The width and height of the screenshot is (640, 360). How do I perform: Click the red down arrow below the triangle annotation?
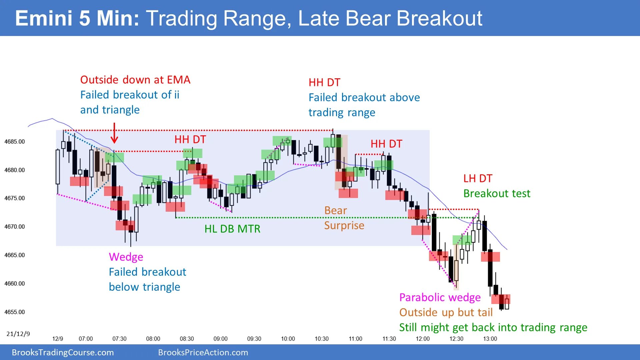(x=114, y=133)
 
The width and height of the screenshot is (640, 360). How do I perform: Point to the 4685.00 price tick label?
(x=15, y=142)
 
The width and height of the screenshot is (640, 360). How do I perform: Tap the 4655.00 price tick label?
(x=15, y=312)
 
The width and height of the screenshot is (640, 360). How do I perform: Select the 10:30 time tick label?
(x=321, y=339)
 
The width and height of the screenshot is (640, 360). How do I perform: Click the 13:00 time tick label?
(x=490, y=339)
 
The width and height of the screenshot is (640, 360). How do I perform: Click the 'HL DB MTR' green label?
(x=232, y=229)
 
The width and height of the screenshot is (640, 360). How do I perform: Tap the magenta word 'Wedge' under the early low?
(x=126, y=257)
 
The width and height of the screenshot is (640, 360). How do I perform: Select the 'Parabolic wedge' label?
(x=440, y=297)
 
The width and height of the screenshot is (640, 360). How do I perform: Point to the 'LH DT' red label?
(x=477, y=179)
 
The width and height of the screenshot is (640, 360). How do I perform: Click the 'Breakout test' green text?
(x=497, y=194)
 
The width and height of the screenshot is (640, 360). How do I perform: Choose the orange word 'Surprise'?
(x=344, y=226)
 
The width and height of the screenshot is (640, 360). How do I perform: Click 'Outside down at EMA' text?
(x=135, y=80)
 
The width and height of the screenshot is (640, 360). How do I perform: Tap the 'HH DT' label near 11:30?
(x=386, y=144)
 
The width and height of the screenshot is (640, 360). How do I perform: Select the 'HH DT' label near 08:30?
(x=190, y=140)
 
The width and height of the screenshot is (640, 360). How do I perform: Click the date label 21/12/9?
(x=18, y=334)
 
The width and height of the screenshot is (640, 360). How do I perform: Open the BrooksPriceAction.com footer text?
(x=203, y=352)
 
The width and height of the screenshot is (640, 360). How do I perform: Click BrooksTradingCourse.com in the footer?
(x=63, y=352)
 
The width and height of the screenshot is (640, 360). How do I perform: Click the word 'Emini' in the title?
(x=44, y=18)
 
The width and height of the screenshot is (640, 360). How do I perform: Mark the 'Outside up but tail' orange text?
(x=446, y=312)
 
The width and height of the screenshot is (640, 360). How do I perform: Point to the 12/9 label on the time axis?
(x=58, y=339)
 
